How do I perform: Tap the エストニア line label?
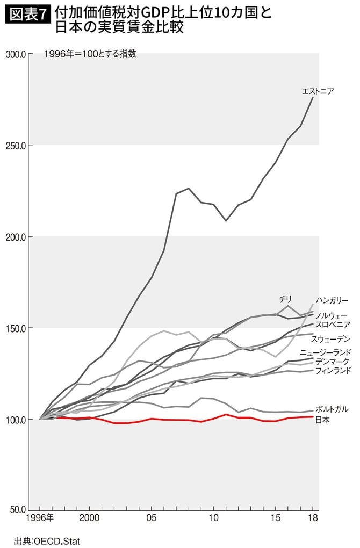coord(318,91)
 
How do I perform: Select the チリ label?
coord(285,298)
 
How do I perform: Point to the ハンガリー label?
coord(333,300)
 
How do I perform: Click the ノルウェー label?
coord(332,315)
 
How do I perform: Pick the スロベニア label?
coord(333,325)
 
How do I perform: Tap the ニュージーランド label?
coord(326,352)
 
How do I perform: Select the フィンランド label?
coord(333,371)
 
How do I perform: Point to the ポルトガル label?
coord(332,409)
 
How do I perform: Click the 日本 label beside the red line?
coord(323,420)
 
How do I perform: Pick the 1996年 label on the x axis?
coord(40,518)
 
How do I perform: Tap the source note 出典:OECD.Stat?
coord(48,540)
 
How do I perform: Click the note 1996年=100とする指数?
coord(90,54)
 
